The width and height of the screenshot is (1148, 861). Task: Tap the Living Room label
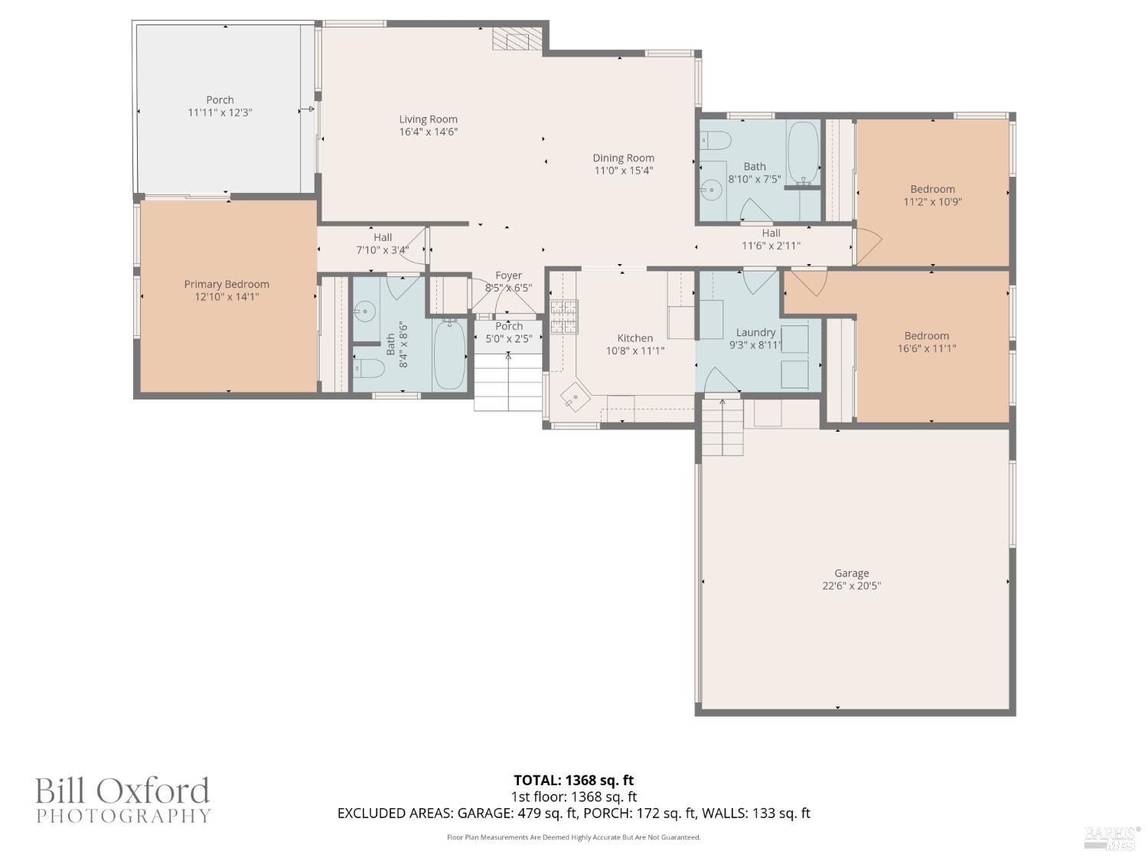[428, 119]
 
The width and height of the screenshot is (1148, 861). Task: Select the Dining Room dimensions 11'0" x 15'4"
[624, 171]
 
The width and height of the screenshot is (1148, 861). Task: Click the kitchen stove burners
[564, 316]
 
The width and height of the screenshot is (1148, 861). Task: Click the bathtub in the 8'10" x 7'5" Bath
[803, 152]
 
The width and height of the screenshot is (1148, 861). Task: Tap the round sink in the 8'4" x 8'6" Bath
[365, 311]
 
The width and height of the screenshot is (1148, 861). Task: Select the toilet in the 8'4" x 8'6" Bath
[368, 369]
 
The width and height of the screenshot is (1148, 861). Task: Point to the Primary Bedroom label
[227, 284]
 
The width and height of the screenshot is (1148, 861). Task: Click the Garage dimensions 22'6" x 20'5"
[851, 586]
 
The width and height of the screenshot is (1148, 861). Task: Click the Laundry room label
[755, 332]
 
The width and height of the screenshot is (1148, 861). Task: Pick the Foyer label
[508, 276]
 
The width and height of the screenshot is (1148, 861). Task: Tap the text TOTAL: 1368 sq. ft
[573, 781]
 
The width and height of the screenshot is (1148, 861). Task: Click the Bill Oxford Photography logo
[122, 800]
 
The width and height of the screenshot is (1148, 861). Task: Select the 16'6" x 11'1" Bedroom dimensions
[927, 349]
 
